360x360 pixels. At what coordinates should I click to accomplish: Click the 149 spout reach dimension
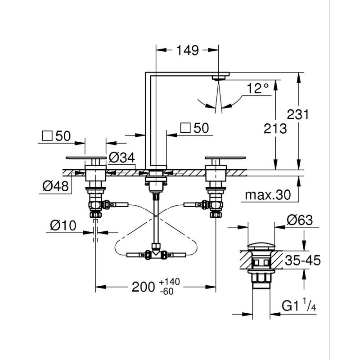click(187, 50)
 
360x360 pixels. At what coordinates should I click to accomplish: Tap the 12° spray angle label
click(257, 88)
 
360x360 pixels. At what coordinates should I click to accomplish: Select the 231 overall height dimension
click(298, 114)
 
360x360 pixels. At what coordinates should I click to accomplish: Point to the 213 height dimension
click(275, 128)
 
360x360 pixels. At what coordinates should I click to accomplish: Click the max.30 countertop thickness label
click(268, 195)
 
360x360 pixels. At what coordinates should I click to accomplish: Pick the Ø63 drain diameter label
click(300, 220)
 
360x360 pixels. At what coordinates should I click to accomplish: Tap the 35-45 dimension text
click(302, 261)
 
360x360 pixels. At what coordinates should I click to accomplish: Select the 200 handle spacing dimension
click(143, 287)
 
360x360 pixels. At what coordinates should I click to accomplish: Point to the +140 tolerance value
click(170, 282)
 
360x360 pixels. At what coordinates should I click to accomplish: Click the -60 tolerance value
click(167, 291)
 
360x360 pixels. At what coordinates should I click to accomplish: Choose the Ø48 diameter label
click(55, 186)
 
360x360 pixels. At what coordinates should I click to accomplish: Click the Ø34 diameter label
click(121, 157)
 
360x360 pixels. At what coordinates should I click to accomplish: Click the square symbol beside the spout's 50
click(185, 128)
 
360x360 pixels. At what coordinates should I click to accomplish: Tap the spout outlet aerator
click(219, 78)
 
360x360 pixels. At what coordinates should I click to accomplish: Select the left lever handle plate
click(86, 158)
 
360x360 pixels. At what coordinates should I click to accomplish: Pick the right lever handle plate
click(225, 158)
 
